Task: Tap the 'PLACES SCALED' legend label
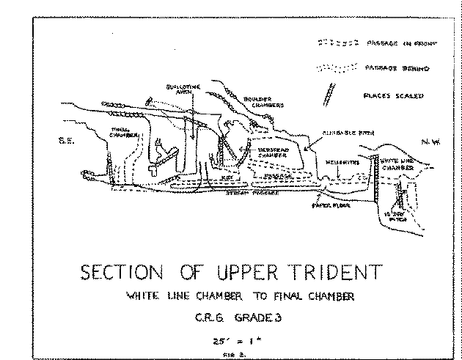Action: pyautogui.click(x=394, y=95)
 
